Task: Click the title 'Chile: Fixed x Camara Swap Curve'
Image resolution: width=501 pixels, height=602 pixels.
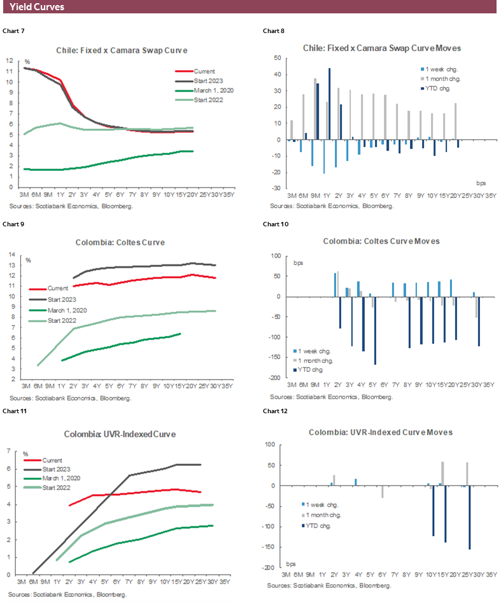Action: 125,50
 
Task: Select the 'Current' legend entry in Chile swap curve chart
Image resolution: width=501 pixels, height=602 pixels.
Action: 205,71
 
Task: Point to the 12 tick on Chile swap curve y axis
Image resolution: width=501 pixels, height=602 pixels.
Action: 10,60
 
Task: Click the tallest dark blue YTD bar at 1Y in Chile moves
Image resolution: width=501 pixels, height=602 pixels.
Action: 329,104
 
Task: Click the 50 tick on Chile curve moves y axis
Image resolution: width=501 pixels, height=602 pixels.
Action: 278,58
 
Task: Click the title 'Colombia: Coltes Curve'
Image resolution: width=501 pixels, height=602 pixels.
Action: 124,242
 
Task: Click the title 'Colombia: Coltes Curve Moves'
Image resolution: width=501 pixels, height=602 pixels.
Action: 381,242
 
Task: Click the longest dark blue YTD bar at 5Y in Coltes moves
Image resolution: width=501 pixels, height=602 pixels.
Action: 375,331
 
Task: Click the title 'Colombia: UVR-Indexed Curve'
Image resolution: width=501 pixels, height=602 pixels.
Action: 120,434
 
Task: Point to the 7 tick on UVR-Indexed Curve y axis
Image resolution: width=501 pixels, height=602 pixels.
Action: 10,451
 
